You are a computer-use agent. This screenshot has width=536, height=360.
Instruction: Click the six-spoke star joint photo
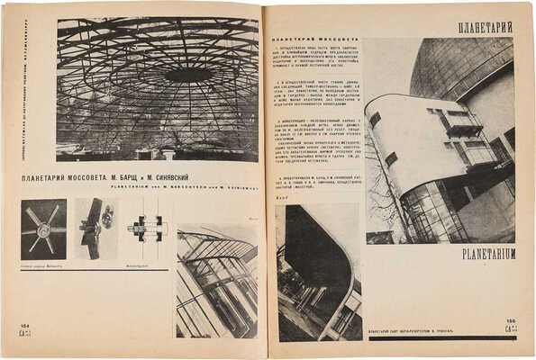(x=43, y=229)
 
